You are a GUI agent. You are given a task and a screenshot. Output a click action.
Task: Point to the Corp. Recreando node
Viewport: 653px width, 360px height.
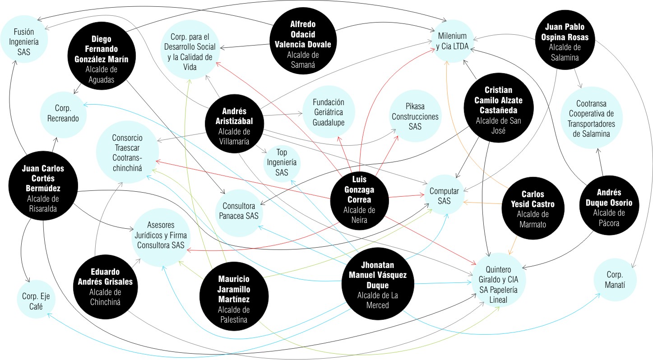63,113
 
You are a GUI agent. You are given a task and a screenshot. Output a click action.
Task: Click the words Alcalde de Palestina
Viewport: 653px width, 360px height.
233,314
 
